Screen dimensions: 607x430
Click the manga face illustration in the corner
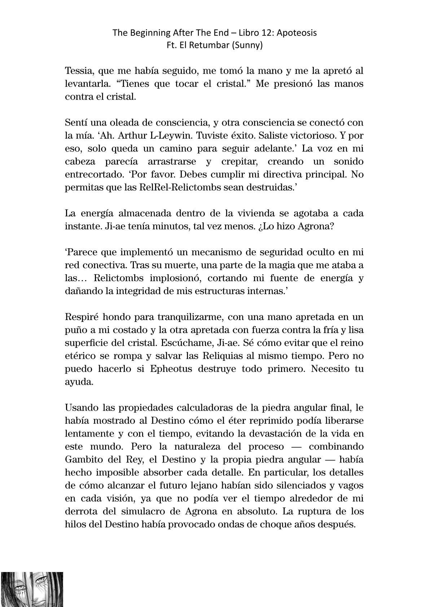[x=32, y=589]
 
